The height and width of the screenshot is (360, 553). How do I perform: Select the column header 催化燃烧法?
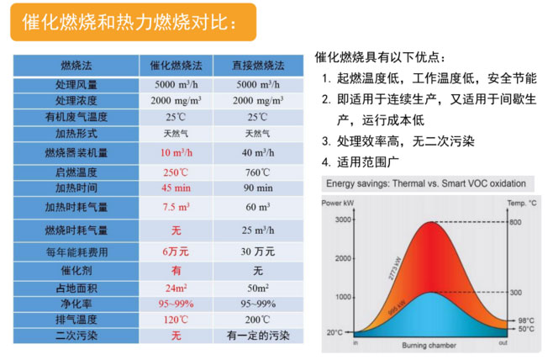(x=176, y=65)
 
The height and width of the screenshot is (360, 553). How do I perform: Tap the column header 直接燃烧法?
(x=258, y=65)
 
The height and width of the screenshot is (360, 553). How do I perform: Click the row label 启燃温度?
(x=76, y=172)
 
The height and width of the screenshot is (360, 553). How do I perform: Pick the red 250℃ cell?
(x=176, y=172)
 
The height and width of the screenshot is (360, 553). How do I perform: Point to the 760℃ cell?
(x=258, y=172)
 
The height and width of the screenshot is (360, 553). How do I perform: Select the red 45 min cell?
(x=176, y=187)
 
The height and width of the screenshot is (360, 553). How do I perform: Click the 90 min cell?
(x=258, y=187)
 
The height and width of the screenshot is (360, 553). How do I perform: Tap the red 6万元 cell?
(x=176, y=251)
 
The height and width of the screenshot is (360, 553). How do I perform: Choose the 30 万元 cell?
(x=258, y=251)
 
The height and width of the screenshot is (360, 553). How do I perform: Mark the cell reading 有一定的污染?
(x=258, y=335)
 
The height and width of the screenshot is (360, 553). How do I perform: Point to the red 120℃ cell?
(x=176, y=320)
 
